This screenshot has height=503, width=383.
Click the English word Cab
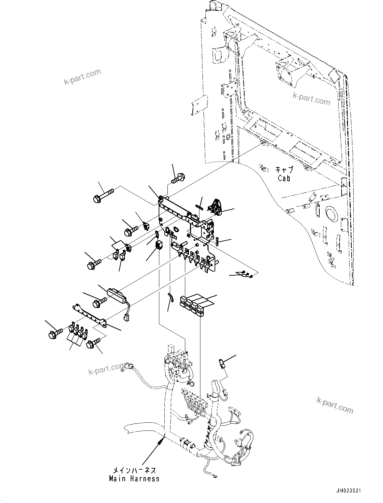[284, 178]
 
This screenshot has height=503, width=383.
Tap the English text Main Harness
[134, 478]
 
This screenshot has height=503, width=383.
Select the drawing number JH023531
[348, 491]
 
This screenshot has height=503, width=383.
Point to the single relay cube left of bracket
[158, 244]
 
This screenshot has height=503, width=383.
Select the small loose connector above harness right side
[222, 364]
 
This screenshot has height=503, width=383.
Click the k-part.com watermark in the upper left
[82, 77]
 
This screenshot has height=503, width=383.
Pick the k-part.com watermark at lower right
[335, 404]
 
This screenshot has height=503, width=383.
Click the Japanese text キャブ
[284, 170]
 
